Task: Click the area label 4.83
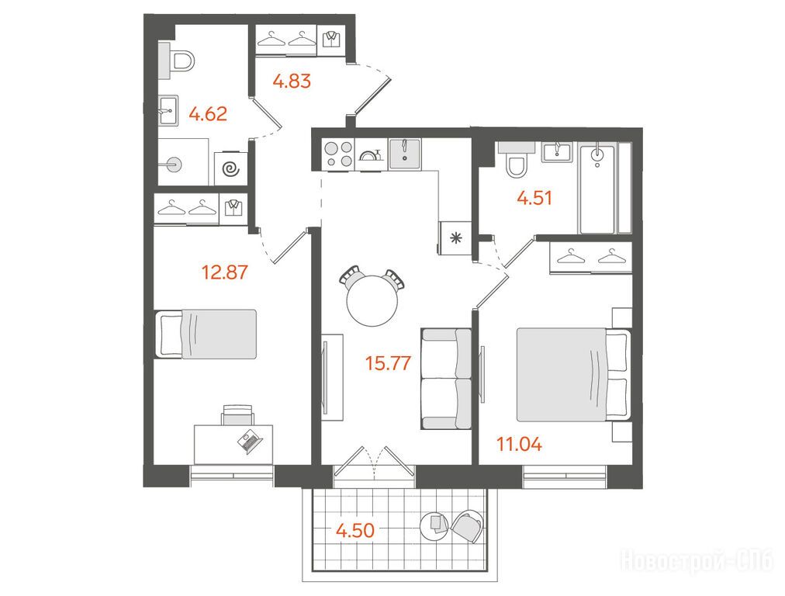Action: (x=292, y=81)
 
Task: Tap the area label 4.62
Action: (x=208, y=114)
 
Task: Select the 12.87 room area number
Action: (x=224, y=272)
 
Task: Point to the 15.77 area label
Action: (x=388, y=362)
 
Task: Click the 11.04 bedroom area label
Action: (x=519, y=444)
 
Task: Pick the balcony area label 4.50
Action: (x=355, y=530)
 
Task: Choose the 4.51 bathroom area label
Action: (x=534, y=199)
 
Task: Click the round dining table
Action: (x=372, y=301)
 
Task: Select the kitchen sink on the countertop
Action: (x=404, y=153)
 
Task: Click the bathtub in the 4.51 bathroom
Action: (x=597, y=188)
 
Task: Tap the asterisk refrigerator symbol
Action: (x=455, y=238)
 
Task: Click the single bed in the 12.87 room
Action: (x=206, y=334)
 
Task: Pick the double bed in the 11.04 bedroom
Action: (x=574, y=375)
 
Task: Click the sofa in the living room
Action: (x=446, y=379)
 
